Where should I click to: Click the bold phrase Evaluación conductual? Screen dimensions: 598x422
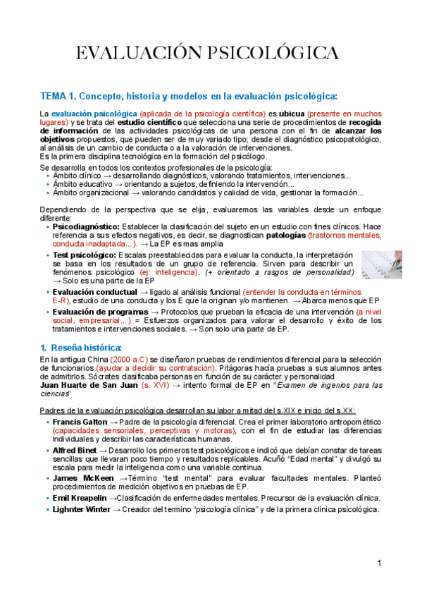pyautogui.click(x=94, y=291)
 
